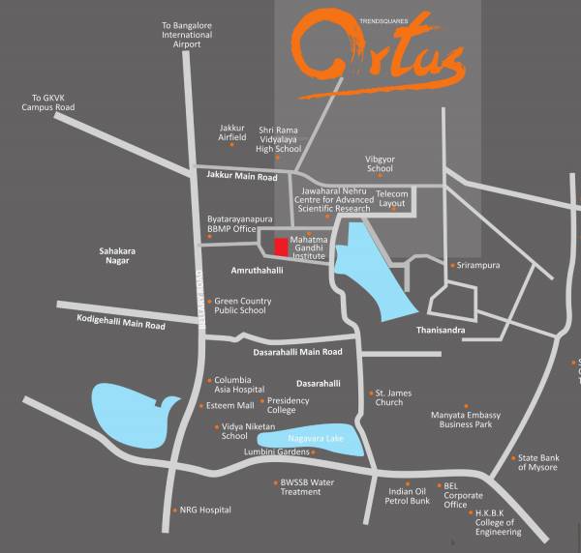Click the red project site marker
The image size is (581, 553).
[281, 247]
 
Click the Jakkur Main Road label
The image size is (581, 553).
[242, 177]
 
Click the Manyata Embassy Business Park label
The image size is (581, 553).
[466, 420]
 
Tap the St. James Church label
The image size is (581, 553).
[392, 397]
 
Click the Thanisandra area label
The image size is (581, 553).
[441, 331]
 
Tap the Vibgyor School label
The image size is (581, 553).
[380, 163]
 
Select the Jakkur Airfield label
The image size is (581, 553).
[232, 131]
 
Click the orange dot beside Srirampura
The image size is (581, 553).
[451, 265]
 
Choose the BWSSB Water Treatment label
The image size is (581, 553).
[307, 486]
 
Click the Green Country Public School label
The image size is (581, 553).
[242, 306]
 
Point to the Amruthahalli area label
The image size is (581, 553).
[257, 271]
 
